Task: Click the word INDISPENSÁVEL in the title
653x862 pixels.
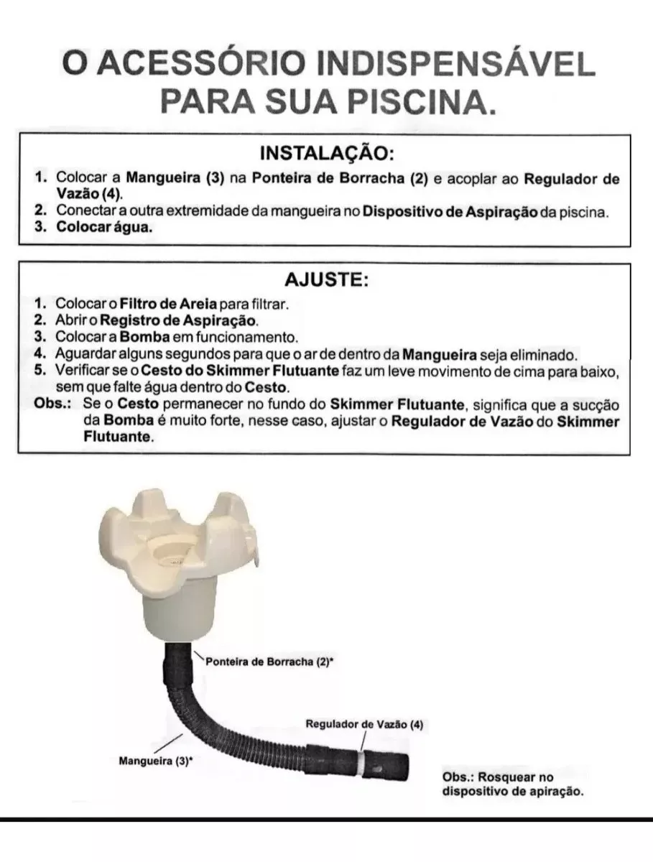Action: pyautogui.click(x=456, y=65)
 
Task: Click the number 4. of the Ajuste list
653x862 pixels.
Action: pyautogui.click(x=40, y=353)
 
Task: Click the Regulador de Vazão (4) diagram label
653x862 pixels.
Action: pyautogui.click(x=364, y=725)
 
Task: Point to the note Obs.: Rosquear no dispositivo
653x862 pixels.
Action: pyautogui.click(x=511, y=785)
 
